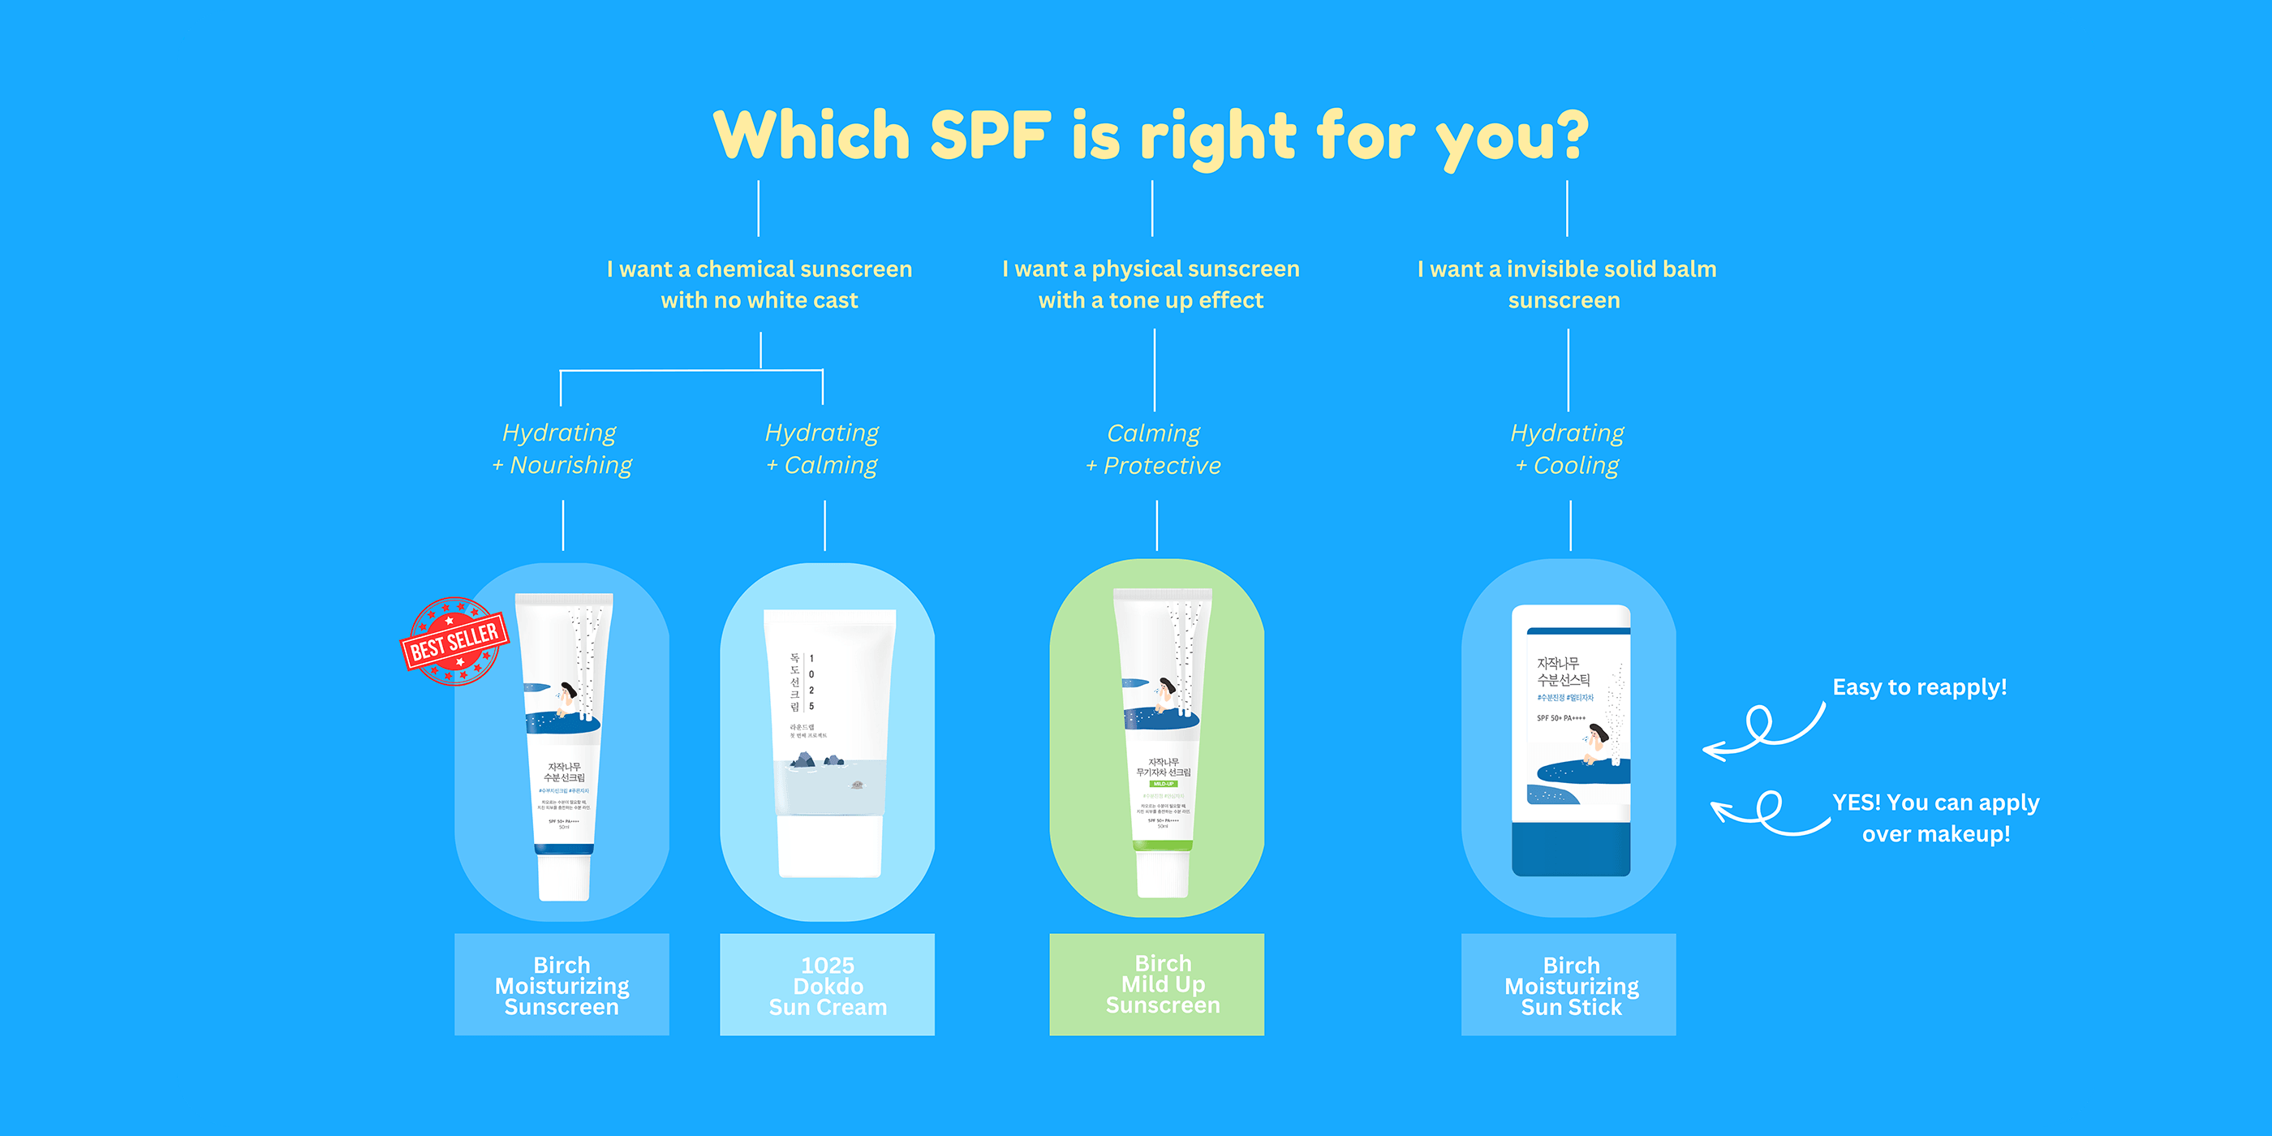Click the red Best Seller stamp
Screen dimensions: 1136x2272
tap(454, 641)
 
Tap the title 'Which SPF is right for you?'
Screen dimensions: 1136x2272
tap(1150, 136)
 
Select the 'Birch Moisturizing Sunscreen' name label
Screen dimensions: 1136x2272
tap(562, 985)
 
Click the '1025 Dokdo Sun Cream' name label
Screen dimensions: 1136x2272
tap(828, 985)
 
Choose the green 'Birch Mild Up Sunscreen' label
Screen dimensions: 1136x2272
tap(1156, 983)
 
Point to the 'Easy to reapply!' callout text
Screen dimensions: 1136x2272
tap(1919, 687)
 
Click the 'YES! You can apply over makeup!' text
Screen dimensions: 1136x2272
tap(1936, 818)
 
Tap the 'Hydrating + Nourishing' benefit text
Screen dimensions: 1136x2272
tap(562, 449)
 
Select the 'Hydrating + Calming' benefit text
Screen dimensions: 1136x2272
tap(822, 449)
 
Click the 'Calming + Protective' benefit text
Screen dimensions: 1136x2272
tap(1154, 449)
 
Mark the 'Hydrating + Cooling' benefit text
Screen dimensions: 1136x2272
tap(1568, 449)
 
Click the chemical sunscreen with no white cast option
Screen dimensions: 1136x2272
tap(759, 284)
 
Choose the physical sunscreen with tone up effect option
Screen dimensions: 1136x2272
tap(1151, 284)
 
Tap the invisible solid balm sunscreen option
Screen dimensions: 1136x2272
tap(1566, 284)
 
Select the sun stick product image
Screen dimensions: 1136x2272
tap(1571, 741)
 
